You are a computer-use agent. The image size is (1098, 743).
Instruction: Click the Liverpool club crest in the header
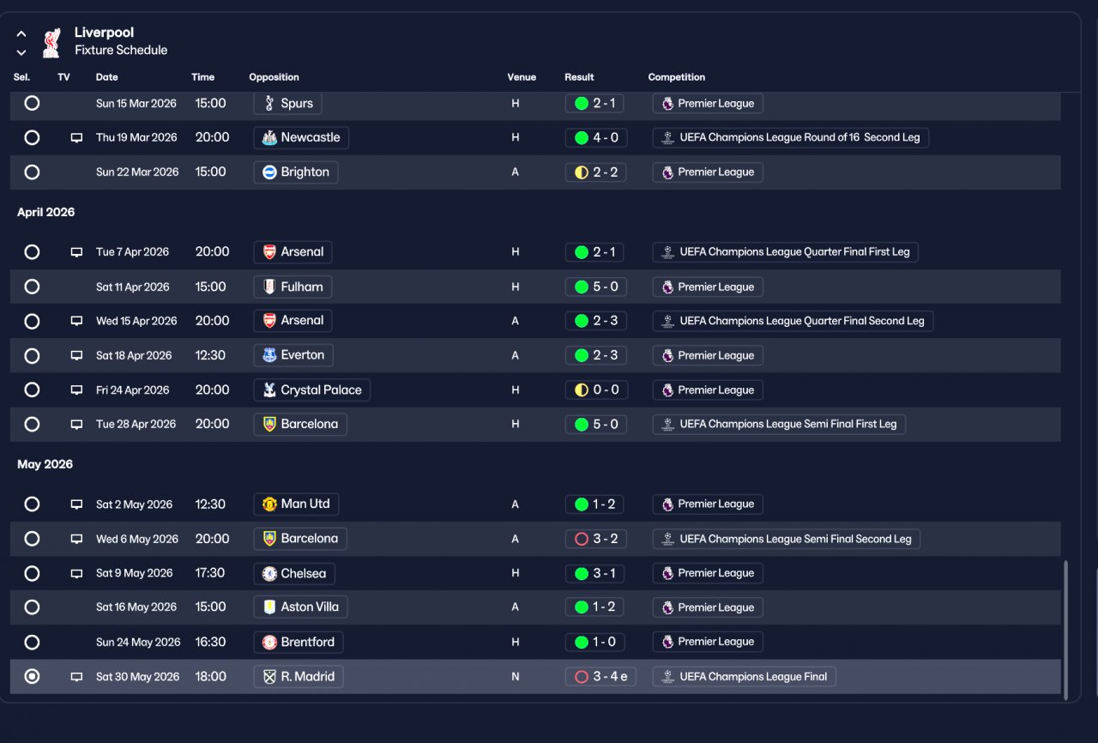tap(51, 43)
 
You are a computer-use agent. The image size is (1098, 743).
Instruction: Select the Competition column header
tap(677, 77)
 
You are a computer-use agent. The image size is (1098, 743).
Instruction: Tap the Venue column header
tap(522, 77)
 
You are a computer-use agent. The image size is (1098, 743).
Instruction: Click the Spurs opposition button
tap(287, 104)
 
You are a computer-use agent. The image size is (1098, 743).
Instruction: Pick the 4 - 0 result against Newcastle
tap(596, 138)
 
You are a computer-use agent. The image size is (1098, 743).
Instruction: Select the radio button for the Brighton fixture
tap(32, 172)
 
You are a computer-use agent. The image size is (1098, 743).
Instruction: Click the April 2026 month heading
tap(46, 212)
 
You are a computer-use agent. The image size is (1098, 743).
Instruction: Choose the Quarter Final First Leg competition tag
tap(785, 252)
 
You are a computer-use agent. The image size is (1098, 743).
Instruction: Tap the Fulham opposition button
tap(293, 287)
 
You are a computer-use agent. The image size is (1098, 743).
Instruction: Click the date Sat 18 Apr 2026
tap(134, 355)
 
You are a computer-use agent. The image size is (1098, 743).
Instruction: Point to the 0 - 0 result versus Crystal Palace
tap(596, 390)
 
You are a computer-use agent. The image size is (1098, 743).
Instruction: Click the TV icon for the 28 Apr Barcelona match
tap(76, 425)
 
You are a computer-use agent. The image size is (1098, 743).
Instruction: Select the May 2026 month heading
tap(45, 464)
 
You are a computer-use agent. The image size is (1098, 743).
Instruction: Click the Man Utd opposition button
tap(296, 504)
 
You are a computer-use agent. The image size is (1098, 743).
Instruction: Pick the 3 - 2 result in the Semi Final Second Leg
tap(596, 539)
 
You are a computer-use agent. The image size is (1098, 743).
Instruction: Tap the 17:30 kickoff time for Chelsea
tap(210, 573)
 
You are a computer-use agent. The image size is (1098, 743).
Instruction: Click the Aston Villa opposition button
tap(300, 607)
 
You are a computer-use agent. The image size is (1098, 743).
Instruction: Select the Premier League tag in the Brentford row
tap(708, 642)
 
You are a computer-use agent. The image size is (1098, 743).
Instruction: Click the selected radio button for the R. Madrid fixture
tap(32, 676)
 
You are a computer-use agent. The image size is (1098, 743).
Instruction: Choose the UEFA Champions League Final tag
tap(744, 676)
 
